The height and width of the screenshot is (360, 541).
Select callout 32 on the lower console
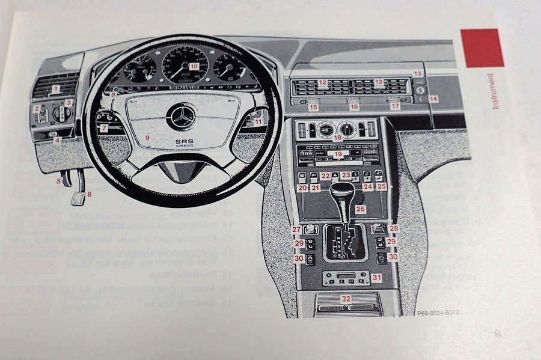pos(346,298)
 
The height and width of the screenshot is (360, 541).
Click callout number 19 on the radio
pos(338,154)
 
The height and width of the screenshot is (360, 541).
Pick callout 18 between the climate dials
pos(338,138)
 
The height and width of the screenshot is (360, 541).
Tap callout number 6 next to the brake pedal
pos(90,194)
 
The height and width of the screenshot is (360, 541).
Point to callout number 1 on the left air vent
pos(55,90)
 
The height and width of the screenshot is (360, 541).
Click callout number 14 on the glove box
pos(434,97)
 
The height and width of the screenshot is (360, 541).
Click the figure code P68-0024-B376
pos(441,313)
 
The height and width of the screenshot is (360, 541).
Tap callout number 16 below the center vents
pos(354,106)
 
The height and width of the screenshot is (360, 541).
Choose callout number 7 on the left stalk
pos(104,128)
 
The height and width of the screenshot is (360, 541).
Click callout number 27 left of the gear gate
pos(296,229)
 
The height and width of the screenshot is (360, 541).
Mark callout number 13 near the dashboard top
pos(418,73)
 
